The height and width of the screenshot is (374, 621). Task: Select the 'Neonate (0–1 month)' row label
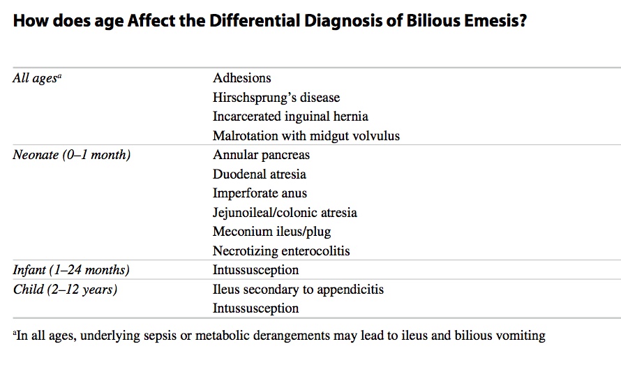click(71, 155)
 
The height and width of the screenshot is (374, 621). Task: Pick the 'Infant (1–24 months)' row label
click(71, 270)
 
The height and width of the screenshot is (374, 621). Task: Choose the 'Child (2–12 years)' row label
click(65, 290)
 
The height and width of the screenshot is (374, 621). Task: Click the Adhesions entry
click(242, 78)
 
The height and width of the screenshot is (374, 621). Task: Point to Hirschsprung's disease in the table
click(276, 98)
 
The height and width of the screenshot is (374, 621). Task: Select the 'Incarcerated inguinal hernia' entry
click(290, 117)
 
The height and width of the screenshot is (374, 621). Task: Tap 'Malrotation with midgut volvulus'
click(306, 136)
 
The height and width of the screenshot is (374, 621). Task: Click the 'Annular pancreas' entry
click(261, 155)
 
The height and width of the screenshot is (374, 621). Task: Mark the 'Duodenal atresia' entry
click(260, 174)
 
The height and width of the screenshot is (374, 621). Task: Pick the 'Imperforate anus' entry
click(260, 193)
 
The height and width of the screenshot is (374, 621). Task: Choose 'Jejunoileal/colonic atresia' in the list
click(285, 213)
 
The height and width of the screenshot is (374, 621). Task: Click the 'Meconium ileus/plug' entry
click(271, 232)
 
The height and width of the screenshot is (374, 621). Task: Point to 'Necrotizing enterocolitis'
click(281, 251)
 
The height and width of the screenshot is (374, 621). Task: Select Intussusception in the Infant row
click(255, 270)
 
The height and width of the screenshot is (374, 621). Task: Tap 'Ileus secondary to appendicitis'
click(298, 290)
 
